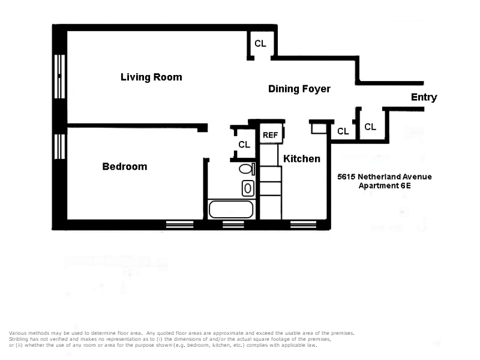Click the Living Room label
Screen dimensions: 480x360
tap(151, 77)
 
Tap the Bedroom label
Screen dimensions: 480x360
tap(125, 167)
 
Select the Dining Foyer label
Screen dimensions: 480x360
tap(299, 89)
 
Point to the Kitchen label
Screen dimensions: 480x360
tap(302, 158)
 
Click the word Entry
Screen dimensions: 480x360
tap(424, 97)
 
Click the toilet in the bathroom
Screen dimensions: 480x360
tap(247, 169)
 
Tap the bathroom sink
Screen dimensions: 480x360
tap(248, 188)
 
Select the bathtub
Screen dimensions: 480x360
tap(231, 209)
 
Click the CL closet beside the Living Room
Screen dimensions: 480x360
tap(260, 43)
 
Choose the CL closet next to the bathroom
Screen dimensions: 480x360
tap(244, 144)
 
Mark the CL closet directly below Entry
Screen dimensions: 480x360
tap(370, 127)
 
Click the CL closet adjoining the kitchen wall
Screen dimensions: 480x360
tap(343, 131)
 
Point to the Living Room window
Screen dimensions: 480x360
tap(59, 77)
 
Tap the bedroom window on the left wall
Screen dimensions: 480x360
tap(59, 147)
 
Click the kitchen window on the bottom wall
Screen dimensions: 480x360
tap(299, 224)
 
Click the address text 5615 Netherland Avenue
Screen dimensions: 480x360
tap(385, 176)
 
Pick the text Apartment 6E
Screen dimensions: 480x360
tap(385, 186)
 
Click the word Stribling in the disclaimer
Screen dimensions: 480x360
tap(19, 339)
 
